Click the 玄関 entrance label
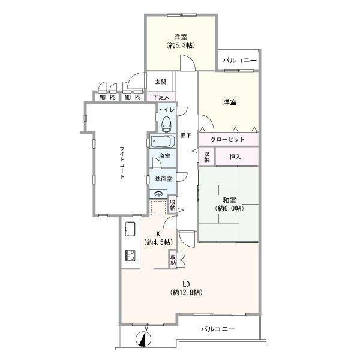(160, 82)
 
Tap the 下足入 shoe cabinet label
(160, 96)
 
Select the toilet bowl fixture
(166, 123)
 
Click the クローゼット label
(228, 139)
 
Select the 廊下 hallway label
(185, 135)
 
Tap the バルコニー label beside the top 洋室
(239, 61)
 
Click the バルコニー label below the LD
(218, 329)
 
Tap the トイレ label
(166, 110)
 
